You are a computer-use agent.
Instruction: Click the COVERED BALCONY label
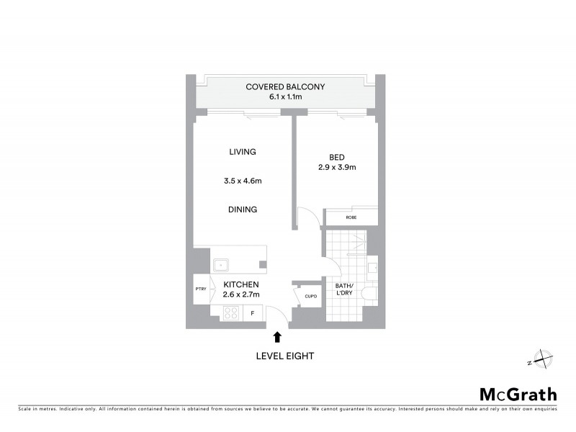tap(285, 87)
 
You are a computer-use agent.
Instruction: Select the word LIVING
tap(243, 152)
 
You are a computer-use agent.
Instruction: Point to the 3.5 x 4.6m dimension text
tap(243, 181)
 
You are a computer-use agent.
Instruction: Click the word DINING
tap(243, 210)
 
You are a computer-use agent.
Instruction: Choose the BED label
tap(337, 157)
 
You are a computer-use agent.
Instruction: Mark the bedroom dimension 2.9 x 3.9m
tap(337, 167)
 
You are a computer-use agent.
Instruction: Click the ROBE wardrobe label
tap(351, 217)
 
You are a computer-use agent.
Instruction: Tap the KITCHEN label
tap(241, 285)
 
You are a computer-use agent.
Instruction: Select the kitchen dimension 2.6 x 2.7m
tap(241, 294)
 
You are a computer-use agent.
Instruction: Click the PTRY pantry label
tap(200, 289)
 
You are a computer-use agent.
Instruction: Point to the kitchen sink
tap(221, 264)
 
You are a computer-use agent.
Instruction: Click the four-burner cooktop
tap(232, 312)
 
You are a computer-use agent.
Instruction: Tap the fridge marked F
tap(253, 313)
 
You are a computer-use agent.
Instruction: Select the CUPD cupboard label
tap(311, 295)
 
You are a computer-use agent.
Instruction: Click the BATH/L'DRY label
tap(345, 290)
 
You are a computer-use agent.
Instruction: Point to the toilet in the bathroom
tap(369, 294)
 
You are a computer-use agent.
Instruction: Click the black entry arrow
tap(278, 336)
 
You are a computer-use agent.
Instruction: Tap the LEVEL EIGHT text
tap(285, 356)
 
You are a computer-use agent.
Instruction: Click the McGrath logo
tap(518, 394)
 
